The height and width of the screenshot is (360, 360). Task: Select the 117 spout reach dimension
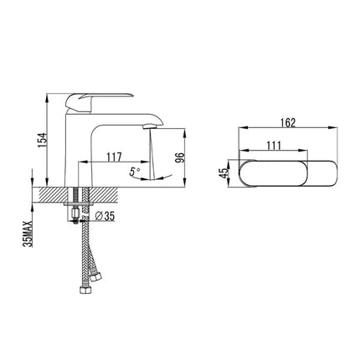pos(114,155)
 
